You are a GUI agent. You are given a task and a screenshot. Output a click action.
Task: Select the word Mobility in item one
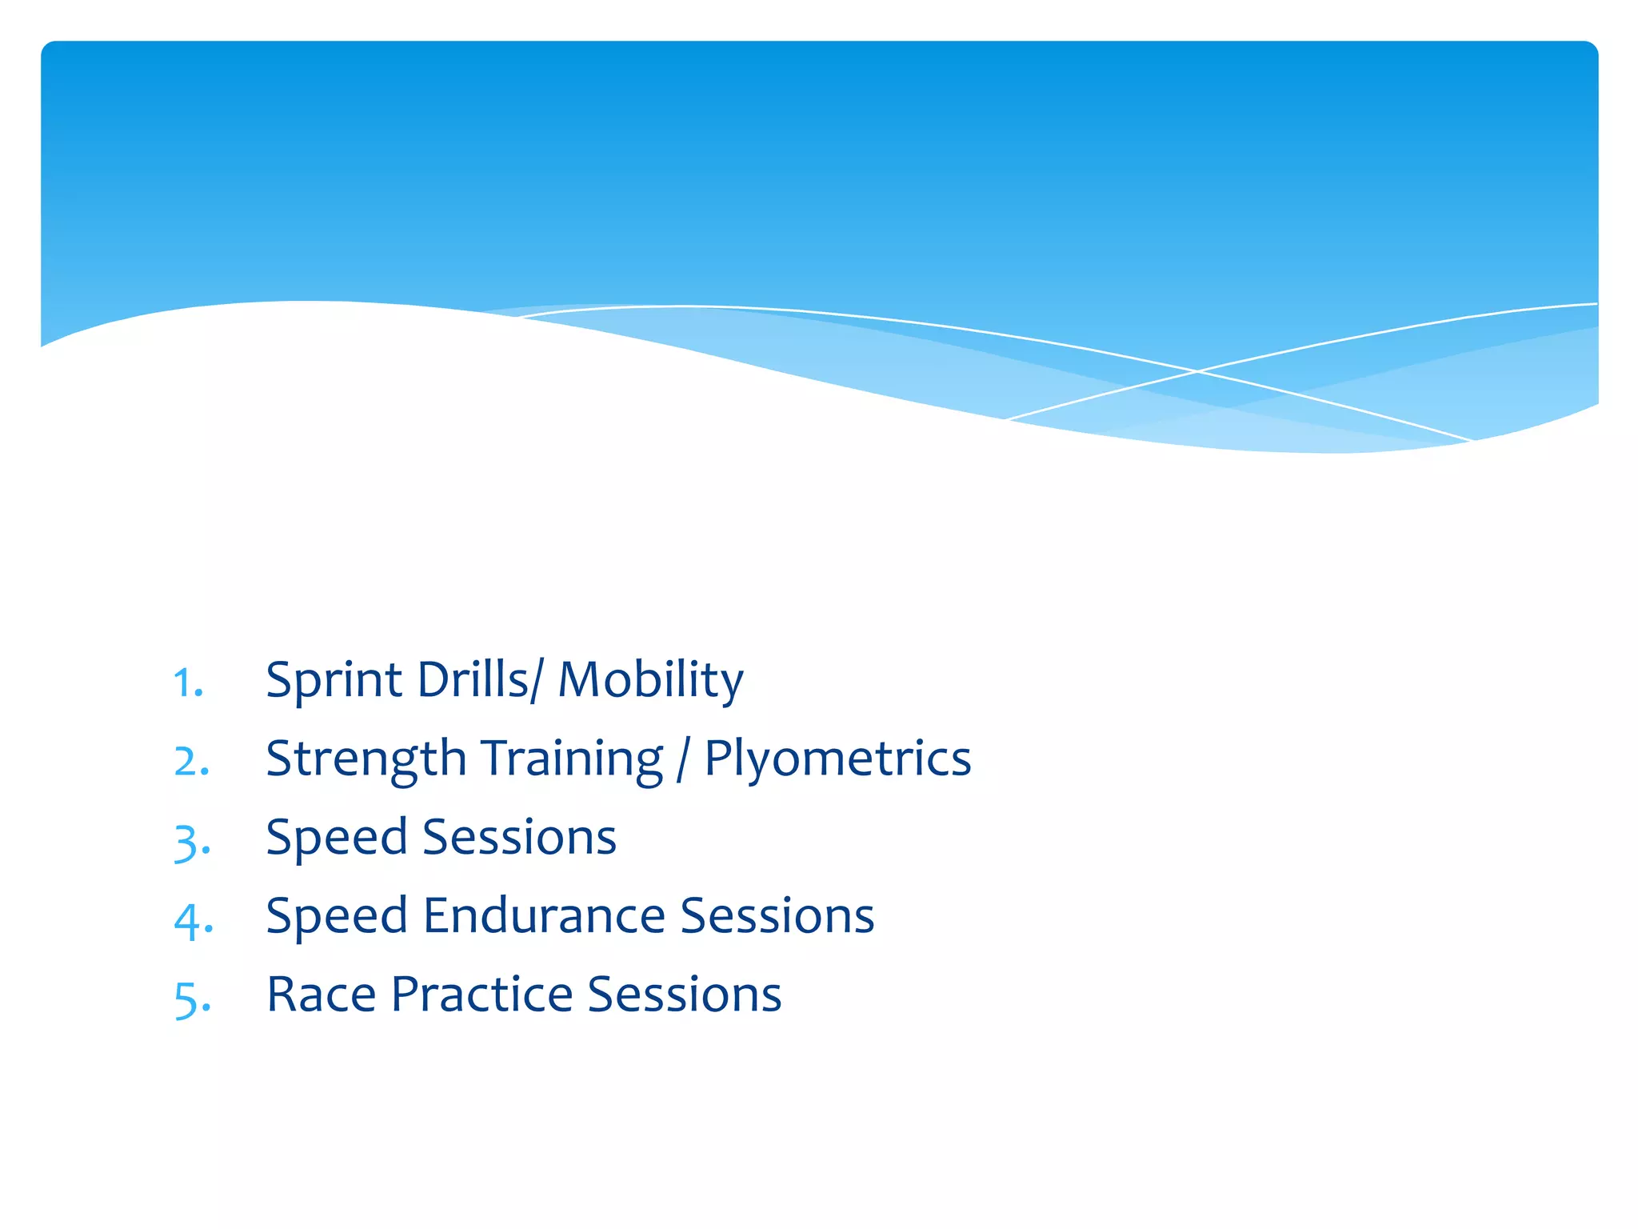[650, 681]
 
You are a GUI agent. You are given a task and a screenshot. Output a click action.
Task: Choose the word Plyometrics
[837, 759]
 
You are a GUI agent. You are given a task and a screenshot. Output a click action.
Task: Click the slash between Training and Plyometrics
[682, 760]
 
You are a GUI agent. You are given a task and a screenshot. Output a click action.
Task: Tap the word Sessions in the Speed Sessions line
[519, 837]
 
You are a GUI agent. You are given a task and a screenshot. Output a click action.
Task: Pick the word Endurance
[544, 915]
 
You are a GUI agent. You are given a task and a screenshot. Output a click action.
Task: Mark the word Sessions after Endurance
[777, 915]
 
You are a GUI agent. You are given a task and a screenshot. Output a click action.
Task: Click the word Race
[321, 995]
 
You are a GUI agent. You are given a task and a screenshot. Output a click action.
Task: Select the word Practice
[481, 995]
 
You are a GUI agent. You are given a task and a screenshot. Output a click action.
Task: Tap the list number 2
[192, 761]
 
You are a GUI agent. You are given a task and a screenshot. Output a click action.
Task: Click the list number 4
[193, 919]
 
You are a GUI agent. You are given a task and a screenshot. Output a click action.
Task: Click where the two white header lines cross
[1197, 371]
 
